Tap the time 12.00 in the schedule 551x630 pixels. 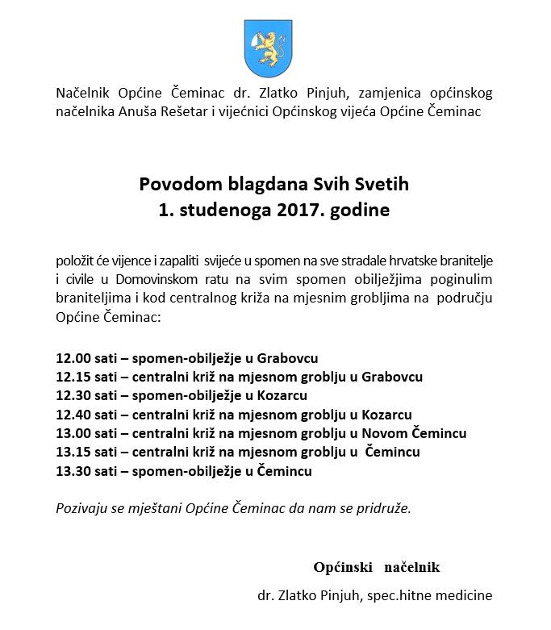(73, 357)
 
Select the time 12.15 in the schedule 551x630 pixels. (73, 377)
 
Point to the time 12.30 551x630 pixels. (73, 395)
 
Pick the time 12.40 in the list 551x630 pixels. (73, 415)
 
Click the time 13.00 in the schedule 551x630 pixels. (73, 433)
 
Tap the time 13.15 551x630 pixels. (73, 452)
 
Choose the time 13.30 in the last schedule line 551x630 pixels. (73, 471)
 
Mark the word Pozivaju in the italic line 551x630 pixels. (82, 509)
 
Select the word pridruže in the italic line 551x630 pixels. (382, 509)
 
